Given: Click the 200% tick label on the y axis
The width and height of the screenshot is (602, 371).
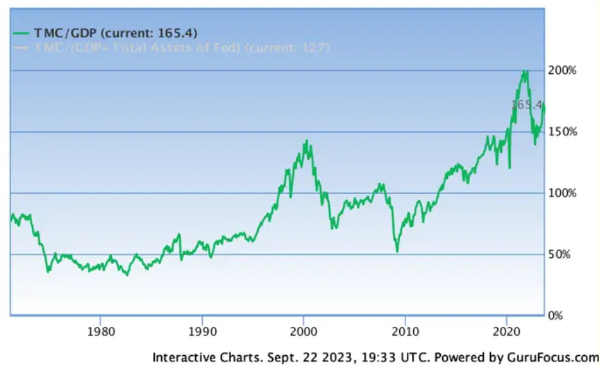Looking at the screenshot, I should [x=562, y=70].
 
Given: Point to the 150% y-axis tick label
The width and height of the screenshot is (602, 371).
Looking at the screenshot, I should [x=562, y=131].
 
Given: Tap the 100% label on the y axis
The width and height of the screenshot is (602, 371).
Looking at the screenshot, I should [x=562, y=193].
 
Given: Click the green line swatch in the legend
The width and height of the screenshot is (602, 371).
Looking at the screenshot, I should [x=22, y=33].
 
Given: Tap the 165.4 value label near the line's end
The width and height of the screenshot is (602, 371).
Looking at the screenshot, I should [x=526, y=105].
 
